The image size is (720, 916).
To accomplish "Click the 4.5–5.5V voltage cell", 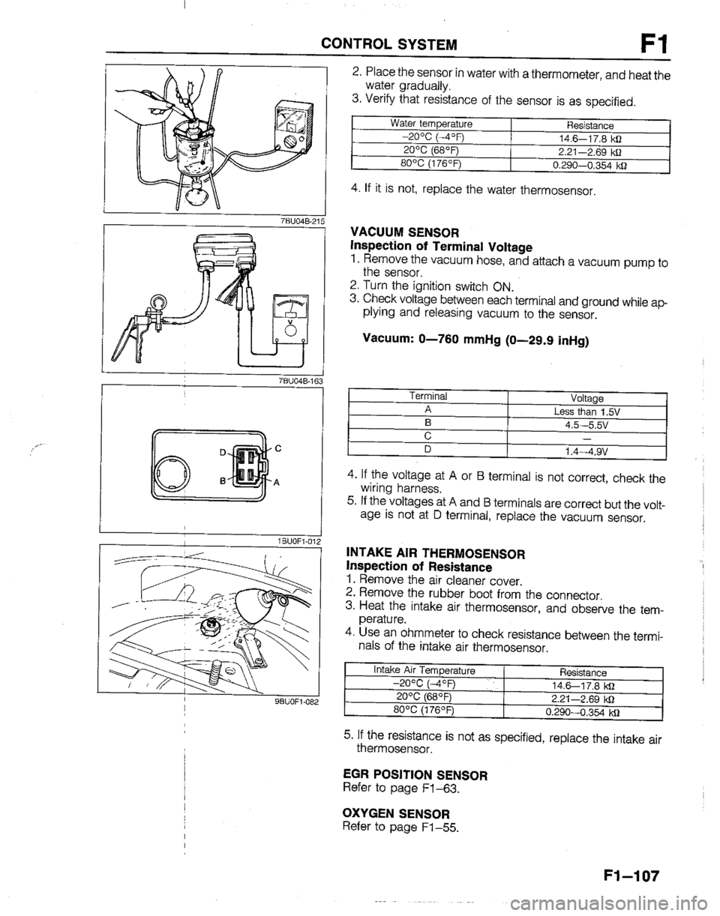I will click(587, 424).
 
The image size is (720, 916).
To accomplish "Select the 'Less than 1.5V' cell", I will click(587, 412).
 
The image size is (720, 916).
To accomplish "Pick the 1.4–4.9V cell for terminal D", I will click(587, 451).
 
